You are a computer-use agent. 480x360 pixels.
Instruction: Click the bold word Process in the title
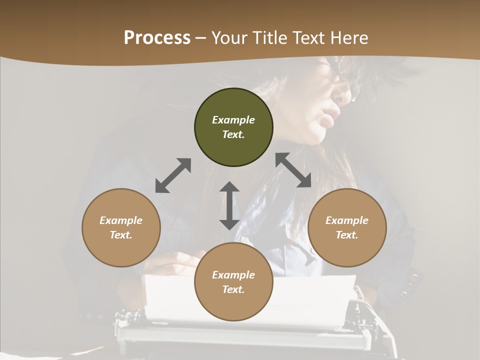[x=157, y=38]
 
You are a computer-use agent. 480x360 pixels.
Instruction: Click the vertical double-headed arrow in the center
[x=229, y=205]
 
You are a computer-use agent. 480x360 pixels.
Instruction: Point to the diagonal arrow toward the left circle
[x=173, y=175]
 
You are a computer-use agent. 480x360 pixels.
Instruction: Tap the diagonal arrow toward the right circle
[x=293, y=170]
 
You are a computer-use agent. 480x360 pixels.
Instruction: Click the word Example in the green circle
[x=233, y=120]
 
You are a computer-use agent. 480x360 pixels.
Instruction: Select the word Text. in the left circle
[x=121, y=235]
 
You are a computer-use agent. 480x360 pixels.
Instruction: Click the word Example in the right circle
[x=347, y=220]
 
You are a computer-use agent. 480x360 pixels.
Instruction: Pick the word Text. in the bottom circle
[x=233, y=289]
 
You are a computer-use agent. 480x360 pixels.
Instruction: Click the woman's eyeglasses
[x=345, y=85]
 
